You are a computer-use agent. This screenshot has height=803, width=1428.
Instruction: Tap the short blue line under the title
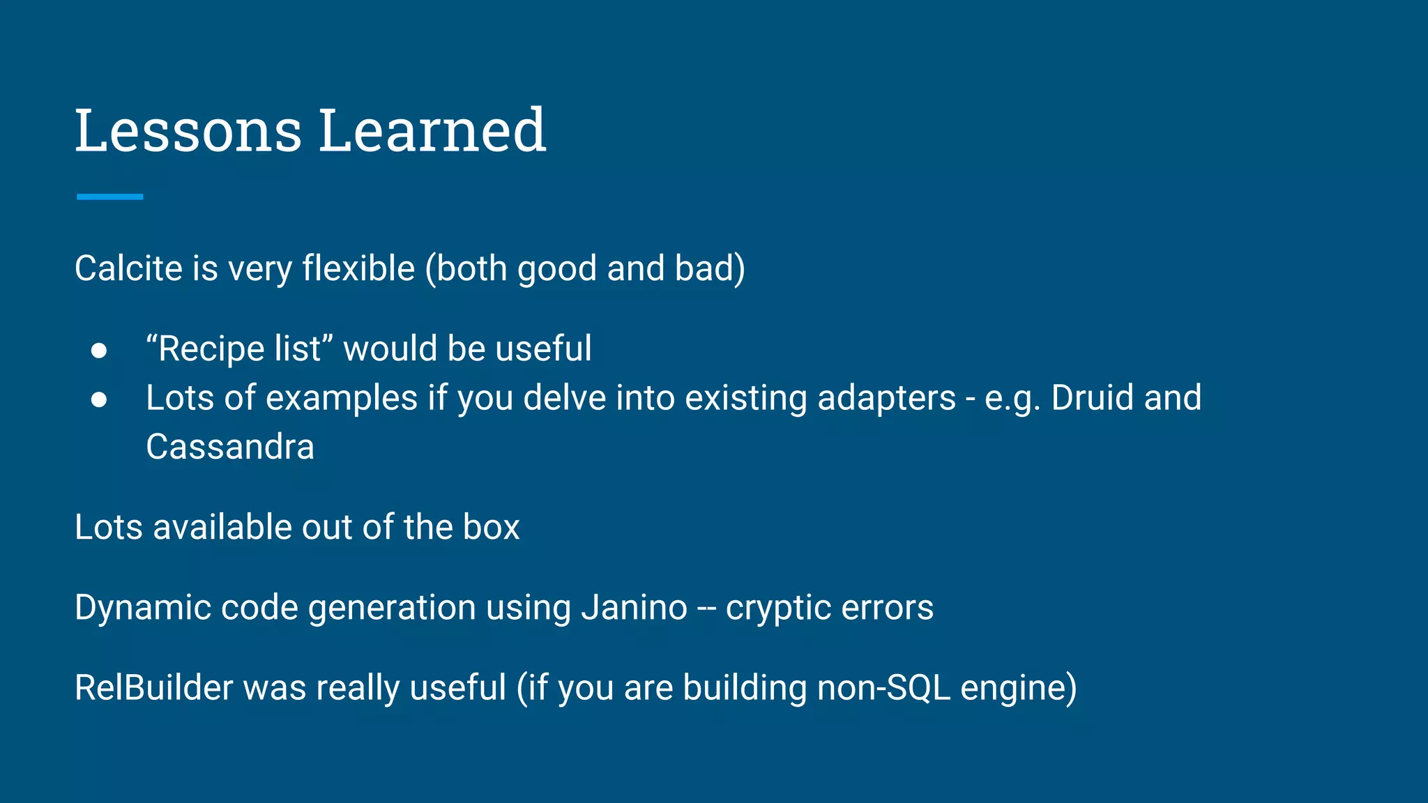109,197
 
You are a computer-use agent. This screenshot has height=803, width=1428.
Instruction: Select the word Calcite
128,268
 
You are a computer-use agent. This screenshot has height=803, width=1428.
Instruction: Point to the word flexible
358,268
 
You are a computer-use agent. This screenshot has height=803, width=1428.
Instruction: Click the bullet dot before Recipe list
99,350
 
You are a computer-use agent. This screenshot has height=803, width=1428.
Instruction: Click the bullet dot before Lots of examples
99,399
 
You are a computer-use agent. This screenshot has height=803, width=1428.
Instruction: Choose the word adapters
886,398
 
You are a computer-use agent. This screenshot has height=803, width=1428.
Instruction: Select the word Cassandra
230,447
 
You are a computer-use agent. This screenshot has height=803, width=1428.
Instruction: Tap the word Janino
635,607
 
